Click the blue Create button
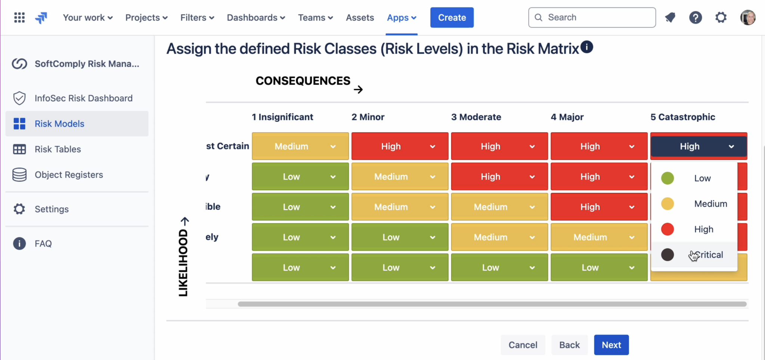tap(452, 18)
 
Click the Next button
tap(611, 345)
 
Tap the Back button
tap(569, 345)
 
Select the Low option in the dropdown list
tap(702, 178)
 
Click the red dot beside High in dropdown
tap(668, 229)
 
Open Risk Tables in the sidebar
tap(58, 149)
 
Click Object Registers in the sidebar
tap(69, 175)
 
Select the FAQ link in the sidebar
tap(43, 243)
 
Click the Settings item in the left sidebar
tap(52, 209)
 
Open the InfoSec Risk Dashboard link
tap(83, 98)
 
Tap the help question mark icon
tap(695, 18)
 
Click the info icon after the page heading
tap(587, 47)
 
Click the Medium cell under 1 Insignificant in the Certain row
tap(300, 146)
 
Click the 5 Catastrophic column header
tap(682, 117)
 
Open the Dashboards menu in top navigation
tap(256, 18)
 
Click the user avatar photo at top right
tap(748, 18)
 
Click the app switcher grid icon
tap(19, 18)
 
